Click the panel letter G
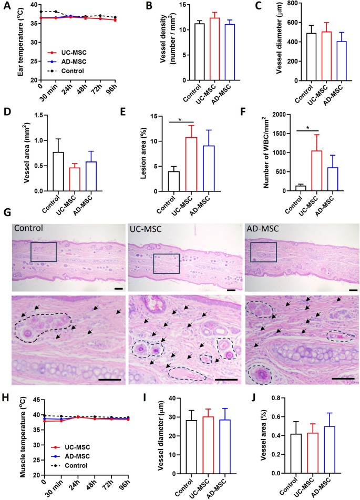7,213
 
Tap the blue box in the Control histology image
44,251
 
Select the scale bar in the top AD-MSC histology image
352,290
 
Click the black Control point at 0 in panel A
40,12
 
